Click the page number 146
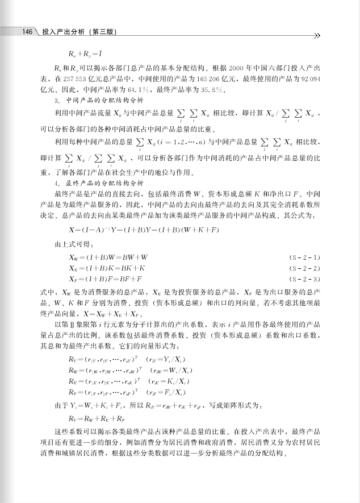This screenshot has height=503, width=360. coord(27,31)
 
